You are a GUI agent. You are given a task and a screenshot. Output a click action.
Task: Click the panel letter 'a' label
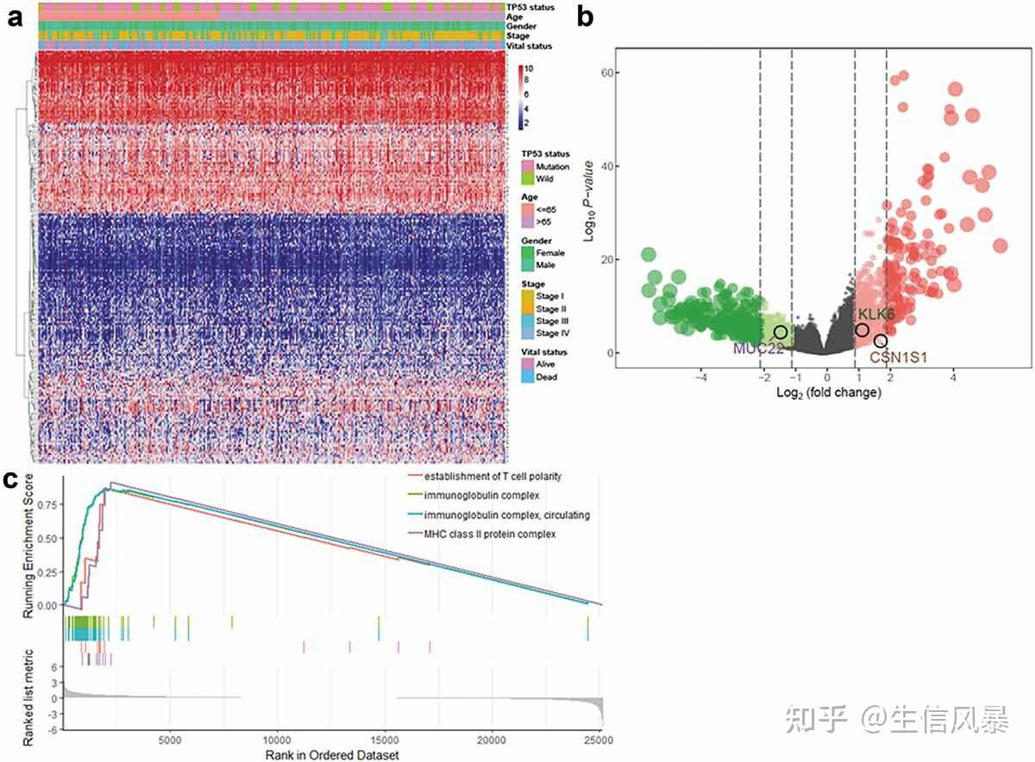point(14,20)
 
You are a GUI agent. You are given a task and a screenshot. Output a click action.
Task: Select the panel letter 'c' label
point(11,480)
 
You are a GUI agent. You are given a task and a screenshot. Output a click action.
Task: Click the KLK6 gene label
point(875,315)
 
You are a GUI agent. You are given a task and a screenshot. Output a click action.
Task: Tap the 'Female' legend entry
point(549,253)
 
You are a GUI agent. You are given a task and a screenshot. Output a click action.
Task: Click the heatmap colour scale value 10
point(529,69)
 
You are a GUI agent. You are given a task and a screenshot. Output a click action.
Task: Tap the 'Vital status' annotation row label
point(530,46)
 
